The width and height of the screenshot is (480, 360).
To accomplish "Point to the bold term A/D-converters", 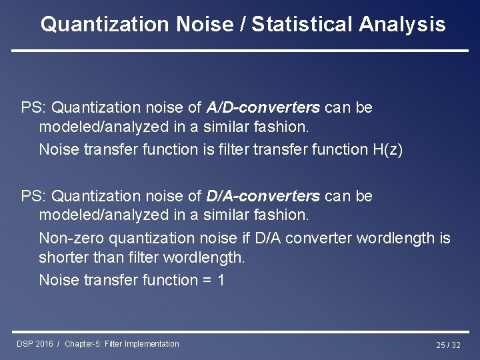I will tap(263, 107).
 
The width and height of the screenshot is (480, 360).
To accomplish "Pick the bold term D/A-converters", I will tap(263, 197).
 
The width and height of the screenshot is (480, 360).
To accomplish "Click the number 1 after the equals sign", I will tap(221, 281).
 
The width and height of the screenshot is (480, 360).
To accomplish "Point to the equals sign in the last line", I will tap(206, 281).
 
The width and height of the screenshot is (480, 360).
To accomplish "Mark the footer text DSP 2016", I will tap(35, 344).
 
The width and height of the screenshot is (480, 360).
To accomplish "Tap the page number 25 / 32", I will tap(448, 345).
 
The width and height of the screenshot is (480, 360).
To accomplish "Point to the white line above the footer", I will tap(240, 331).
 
